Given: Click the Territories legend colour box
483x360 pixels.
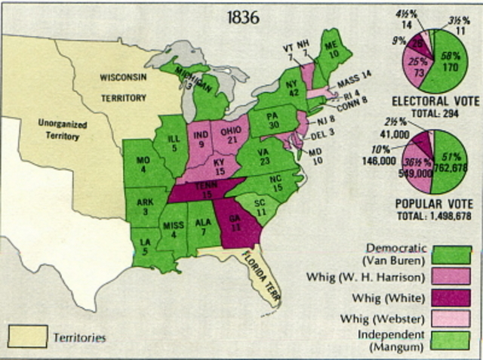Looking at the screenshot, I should pos(23,333).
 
